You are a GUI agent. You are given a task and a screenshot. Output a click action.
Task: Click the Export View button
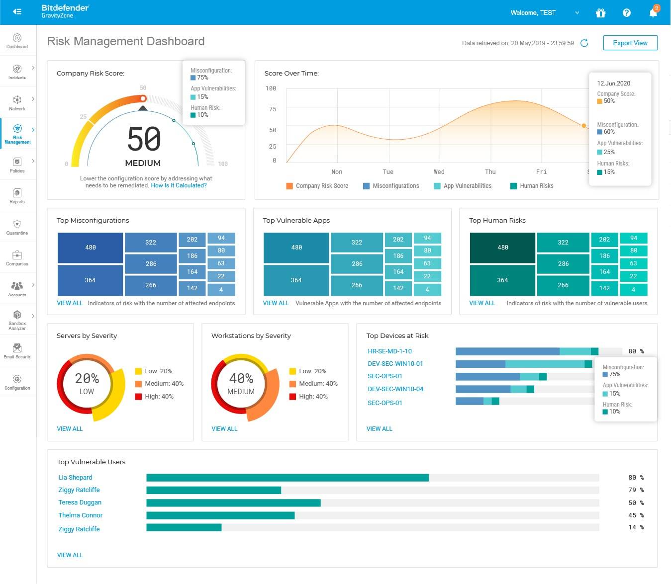coord(630,43)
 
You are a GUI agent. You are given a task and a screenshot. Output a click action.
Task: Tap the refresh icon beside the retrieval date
coord(584,43)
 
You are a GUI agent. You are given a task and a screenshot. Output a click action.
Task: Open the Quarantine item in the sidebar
coord(17,227)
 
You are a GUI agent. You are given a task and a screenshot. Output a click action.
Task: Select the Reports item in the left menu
coord(17,196)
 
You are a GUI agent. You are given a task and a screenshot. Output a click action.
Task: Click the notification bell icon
coord(653,12)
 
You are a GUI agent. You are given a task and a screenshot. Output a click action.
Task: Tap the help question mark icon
coord(626,12)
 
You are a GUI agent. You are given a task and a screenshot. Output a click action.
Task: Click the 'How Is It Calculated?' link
coord(179,185)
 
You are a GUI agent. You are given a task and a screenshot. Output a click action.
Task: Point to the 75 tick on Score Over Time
coord(273,109)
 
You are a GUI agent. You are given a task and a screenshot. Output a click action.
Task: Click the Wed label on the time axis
coord(439,172)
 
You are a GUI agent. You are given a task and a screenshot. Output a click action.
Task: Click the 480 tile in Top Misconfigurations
coord(91,247)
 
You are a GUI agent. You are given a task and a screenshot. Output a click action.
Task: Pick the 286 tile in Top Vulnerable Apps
coord(357,264)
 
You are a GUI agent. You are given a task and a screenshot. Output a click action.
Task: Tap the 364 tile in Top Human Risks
coord(502,280)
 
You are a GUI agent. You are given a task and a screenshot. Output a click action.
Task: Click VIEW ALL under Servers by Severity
coord(70,428)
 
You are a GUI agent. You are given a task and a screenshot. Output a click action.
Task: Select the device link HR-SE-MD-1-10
coord(389,351)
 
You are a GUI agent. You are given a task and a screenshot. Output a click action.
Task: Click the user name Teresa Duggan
coord(80,502)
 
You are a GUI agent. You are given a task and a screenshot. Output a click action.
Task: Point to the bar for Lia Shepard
coord(288,478)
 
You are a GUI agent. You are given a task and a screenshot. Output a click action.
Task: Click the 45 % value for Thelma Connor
coord(636,515)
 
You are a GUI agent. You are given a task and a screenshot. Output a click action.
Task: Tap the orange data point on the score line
coord(584,126)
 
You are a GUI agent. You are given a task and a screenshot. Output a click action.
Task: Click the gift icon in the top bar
coord(600,12)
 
